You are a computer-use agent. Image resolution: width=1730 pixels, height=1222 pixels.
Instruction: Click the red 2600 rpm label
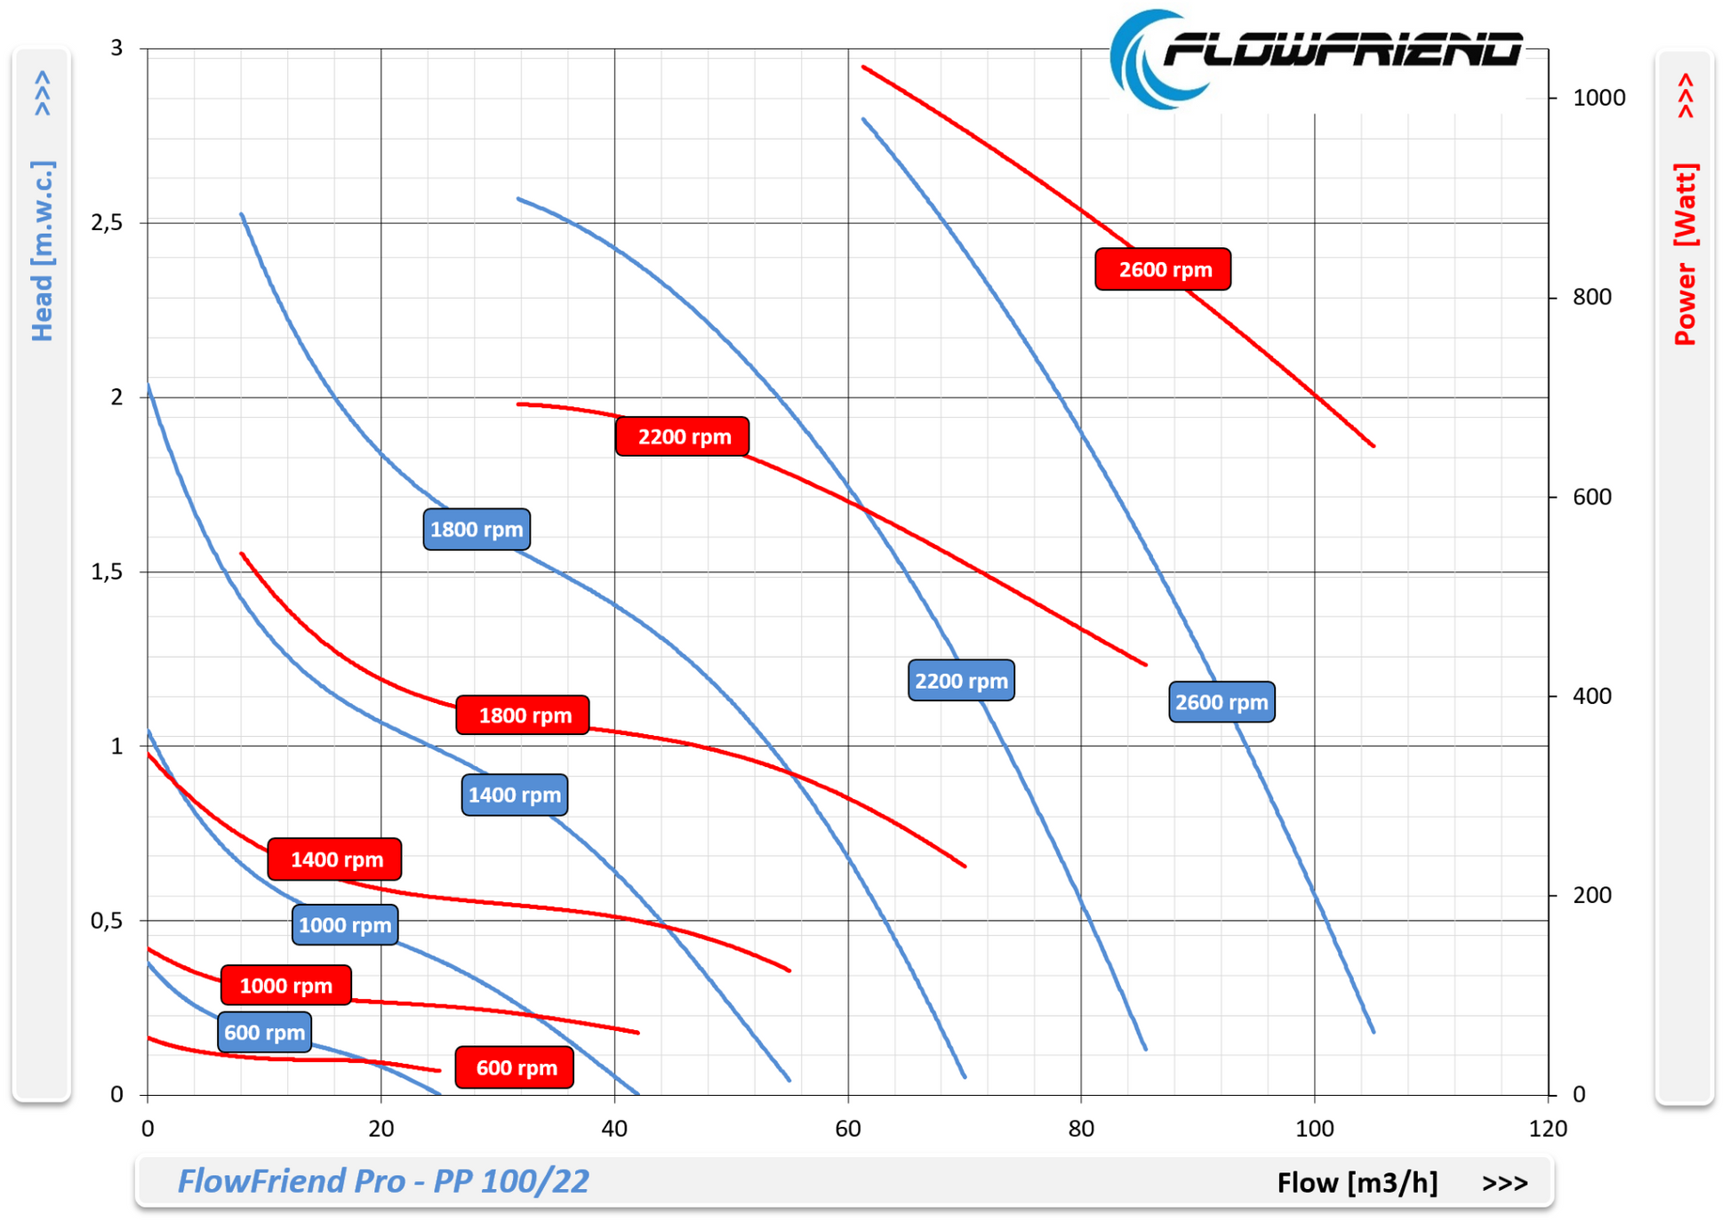1163,269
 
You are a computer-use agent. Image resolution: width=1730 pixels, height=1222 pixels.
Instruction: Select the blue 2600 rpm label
1221,702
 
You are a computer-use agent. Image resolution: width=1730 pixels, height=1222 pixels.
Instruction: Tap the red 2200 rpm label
683,436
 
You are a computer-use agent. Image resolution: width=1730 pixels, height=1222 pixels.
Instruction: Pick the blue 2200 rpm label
961,681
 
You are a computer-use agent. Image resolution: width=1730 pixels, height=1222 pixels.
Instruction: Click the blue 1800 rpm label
477,530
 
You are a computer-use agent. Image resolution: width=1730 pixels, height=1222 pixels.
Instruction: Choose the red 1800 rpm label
523,715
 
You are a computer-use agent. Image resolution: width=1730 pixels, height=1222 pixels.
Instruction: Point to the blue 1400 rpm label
515,795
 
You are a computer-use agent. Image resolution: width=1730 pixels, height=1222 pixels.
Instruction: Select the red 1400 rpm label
335,859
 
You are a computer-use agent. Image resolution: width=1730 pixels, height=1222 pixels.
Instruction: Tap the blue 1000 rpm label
345,925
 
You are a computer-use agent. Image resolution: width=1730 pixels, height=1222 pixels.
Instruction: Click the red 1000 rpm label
285,986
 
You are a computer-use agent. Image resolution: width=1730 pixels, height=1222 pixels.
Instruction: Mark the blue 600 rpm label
264,1033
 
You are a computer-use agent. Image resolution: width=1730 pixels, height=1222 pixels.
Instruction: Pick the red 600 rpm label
515,1067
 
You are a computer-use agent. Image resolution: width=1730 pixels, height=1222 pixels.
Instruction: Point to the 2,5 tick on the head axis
107,223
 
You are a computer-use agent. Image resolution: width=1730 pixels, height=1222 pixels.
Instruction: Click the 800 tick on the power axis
1591,297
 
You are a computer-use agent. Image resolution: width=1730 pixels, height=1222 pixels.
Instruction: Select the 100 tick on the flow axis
1314,1129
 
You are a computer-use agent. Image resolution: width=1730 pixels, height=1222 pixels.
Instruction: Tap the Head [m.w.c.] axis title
42,251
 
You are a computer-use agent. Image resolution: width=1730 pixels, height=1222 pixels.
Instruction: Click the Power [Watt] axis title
1685,254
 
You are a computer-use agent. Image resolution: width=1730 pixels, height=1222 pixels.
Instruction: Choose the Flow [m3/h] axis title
1357,1183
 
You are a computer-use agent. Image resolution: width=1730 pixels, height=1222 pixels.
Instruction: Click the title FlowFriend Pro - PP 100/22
383,1181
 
